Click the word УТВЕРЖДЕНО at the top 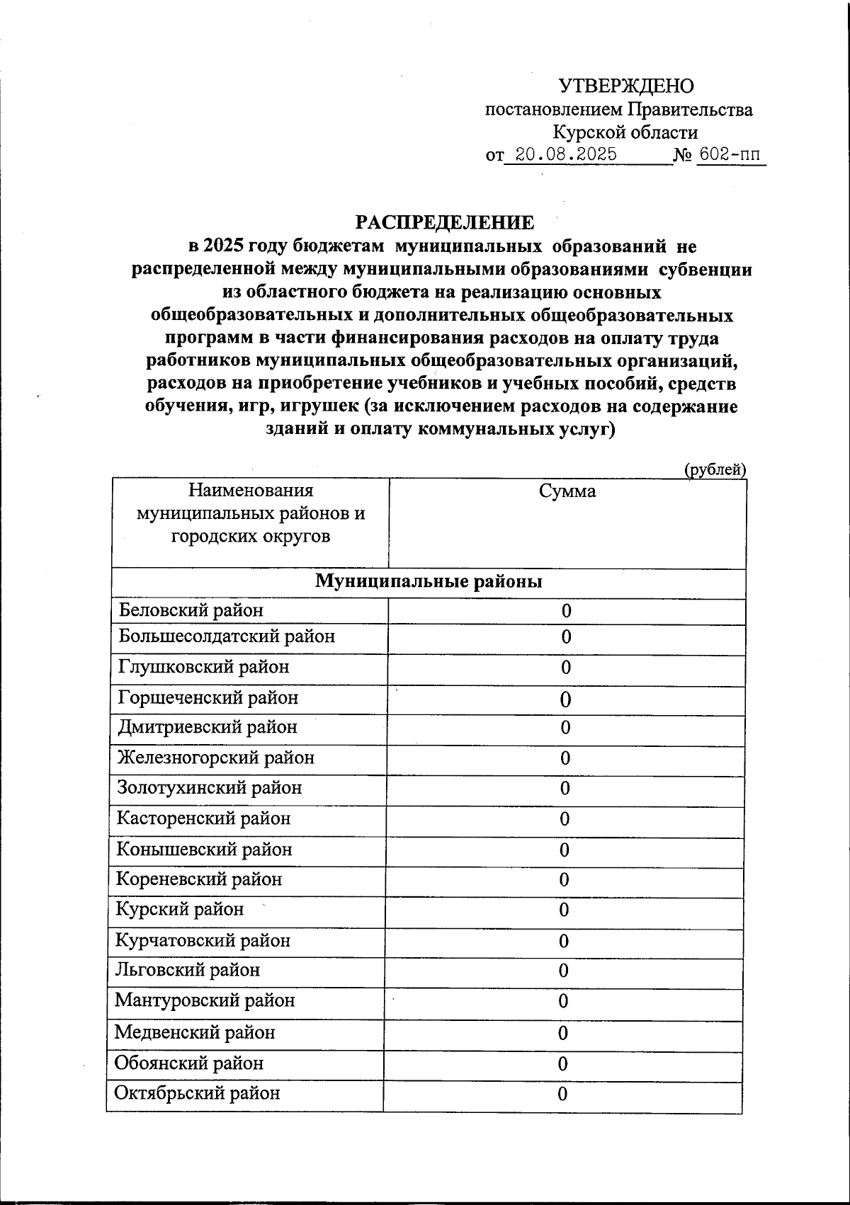[626, 86]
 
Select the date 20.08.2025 [565, 155]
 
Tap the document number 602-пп [731, 155]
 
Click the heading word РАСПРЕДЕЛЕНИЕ [445, 223]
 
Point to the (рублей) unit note [715, 469]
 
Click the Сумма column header [567, 491]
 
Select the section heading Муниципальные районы [429, 582]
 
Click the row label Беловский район [191, 610]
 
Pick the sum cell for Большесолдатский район [566, 637]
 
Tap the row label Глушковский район [204, 667]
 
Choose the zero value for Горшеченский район [565, 699]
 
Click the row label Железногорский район [216, 758]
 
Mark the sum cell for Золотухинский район [565, 789]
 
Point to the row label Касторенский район [204, 819]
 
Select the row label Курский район [180, 909]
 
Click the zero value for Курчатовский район [564, 941]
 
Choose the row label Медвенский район [195, 1032]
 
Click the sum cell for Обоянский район [563, 1064]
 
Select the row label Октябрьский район [198, 1093]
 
